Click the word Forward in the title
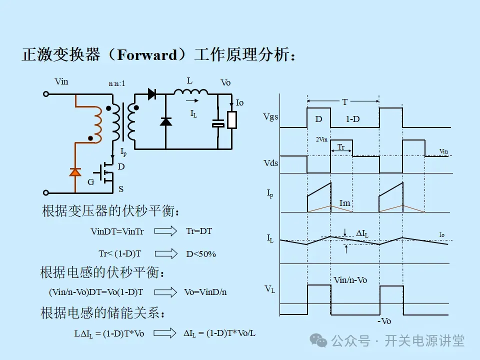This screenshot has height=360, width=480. pos(147,54)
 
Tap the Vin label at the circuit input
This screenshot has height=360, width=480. pos(61,81)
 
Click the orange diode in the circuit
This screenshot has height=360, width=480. pos(75,172)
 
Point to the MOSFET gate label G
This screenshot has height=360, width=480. pos(90,182)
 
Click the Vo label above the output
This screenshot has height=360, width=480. pos(225,82)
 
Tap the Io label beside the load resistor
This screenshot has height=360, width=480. pos(239,102)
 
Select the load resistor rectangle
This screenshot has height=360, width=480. pos(231,120)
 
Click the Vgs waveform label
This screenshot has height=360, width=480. pos(270,117)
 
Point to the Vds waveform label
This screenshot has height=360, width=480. pos(270,163)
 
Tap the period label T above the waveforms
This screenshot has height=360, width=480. pos(344,102)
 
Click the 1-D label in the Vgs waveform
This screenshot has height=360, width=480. pos(352,119)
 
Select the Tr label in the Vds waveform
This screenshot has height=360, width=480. pos(340,147)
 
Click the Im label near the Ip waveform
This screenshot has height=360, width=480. pos(344,202)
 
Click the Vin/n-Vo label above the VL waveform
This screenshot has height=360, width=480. pos(349,280)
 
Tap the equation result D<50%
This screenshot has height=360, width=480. pos(201,254)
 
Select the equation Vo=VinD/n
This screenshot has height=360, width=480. pos(205,292)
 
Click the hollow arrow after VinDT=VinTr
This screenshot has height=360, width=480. pos(166,231)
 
